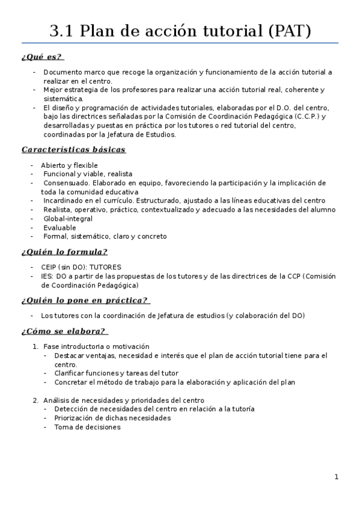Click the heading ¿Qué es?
point(42,57)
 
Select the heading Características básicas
point(73,150)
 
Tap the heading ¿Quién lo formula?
point(64,251)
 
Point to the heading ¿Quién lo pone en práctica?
point(85,300)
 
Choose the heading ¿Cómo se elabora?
point(64,331)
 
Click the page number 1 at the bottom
point(337,477)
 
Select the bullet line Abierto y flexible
point(69,165)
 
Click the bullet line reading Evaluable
point(59,228)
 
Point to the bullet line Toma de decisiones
point(87,427)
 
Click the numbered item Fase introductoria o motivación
point(96,346)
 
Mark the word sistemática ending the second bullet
point(63,99)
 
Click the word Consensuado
point(66,183)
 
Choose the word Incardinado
point(65,201)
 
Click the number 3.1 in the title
point(62,30)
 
